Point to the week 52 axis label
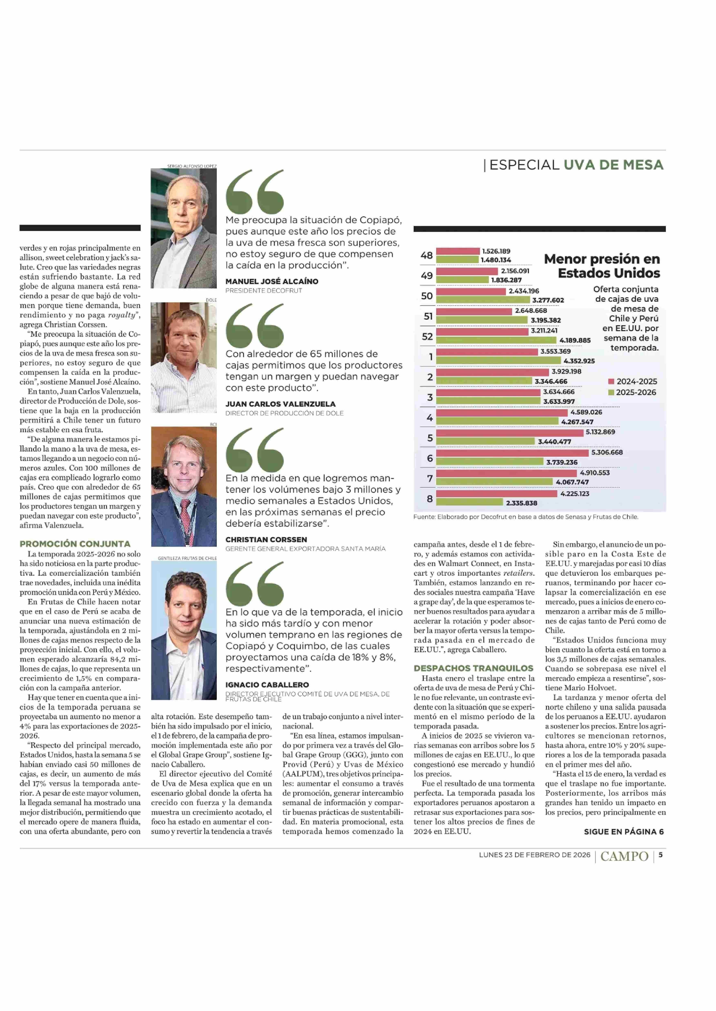pos(427,337)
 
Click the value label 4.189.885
pos(575,340)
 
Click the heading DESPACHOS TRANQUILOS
pos(473,668)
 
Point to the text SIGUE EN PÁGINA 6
pos(623,832)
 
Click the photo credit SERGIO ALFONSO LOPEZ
pos(192,166)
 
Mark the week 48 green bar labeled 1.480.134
pos(458,260)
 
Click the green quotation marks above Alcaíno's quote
pos(255,192)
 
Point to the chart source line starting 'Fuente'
pos(526,517)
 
